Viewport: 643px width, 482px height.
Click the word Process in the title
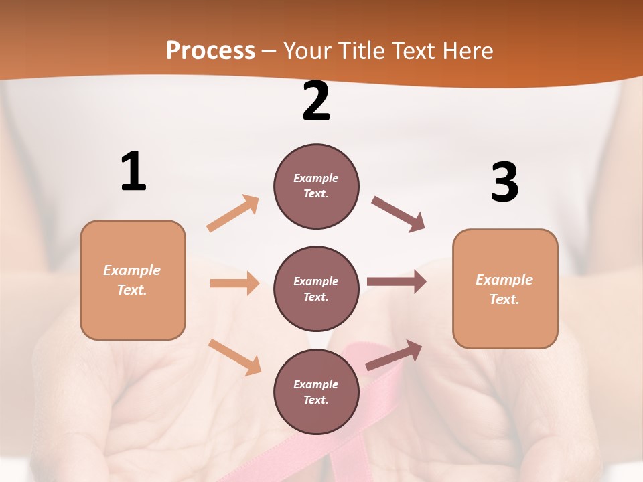tap(210, 51)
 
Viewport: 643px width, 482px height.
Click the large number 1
tap(133, 172)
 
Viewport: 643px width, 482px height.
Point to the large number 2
tap(316, 102)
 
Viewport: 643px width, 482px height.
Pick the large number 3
tap(504, 182)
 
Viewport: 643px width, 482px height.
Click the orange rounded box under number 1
tap(133, 280)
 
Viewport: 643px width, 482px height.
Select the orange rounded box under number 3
tap(505, 289)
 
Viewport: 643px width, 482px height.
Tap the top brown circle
tap(316, 186)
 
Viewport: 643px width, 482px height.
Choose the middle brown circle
tap(316, 289)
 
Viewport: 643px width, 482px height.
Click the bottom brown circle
tap(316, 392)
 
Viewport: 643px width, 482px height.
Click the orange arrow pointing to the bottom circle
tap(235, 357)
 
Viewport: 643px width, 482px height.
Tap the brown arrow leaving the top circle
tap(399, 214)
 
